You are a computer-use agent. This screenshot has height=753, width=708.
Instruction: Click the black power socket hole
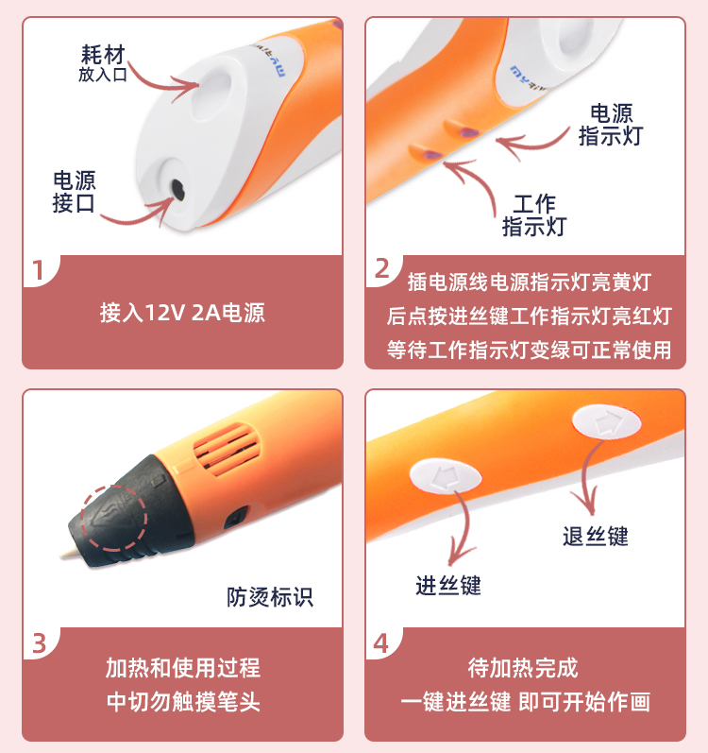pos(178,190)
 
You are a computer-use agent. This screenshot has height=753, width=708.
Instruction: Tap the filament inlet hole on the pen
pos(212,97)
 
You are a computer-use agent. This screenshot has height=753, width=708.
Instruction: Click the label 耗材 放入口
pos(103,63)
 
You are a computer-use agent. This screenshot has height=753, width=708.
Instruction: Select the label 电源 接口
pos(74,192)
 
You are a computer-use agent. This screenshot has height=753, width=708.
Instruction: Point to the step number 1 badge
pos(39,270)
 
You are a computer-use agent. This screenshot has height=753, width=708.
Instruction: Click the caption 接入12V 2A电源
pos(182,313)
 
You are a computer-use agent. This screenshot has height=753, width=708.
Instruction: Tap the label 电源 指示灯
pos(611,125)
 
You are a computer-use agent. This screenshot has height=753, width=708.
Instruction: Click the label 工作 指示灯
pos(534,215)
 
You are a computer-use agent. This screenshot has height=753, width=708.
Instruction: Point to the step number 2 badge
pos(381,268)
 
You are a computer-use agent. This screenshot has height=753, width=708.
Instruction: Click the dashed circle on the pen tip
pos(114,518)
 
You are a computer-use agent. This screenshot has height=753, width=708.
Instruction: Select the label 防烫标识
pos(270,597)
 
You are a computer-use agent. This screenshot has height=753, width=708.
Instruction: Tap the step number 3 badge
pos(39,643)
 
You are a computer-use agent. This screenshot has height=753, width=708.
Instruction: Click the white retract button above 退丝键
pos(606,421)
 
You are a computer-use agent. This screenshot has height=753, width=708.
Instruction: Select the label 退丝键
pos(596,536)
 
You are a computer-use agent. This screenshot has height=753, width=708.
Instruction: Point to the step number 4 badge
pos(380,643)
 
